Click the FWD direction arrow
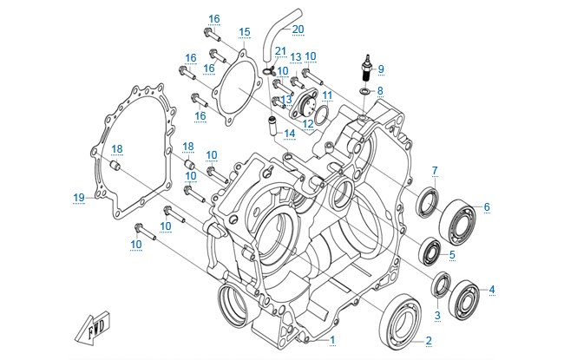point(93,328)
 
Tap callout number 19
point(79,198)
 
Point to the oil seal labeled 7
point(427,203)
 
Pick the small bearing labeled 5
point(430,252)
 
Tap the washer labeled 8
point(364,91)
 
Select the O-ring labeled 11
point(321,115)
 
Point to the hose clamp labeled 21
point(269,69)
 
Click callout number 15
point(244,31)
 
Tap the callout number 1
point(332,339)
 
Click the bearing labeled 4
point(465,300)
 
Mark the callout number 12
point(308,124)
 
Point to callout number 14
point(290,134)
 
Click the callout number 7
point(435,170)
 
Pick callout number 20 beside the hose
point(298,29)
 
